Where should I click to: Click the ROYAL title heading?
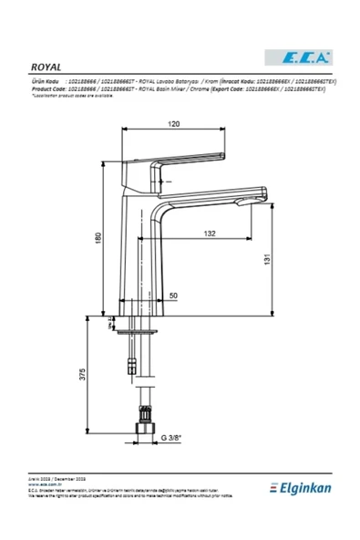click(45, 67)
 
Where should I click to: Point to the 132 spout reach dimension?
click(208, 234)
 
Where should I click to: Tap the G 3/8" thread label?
click(173, 438)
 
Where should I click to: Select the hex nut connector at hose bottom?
click(140, 428)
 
